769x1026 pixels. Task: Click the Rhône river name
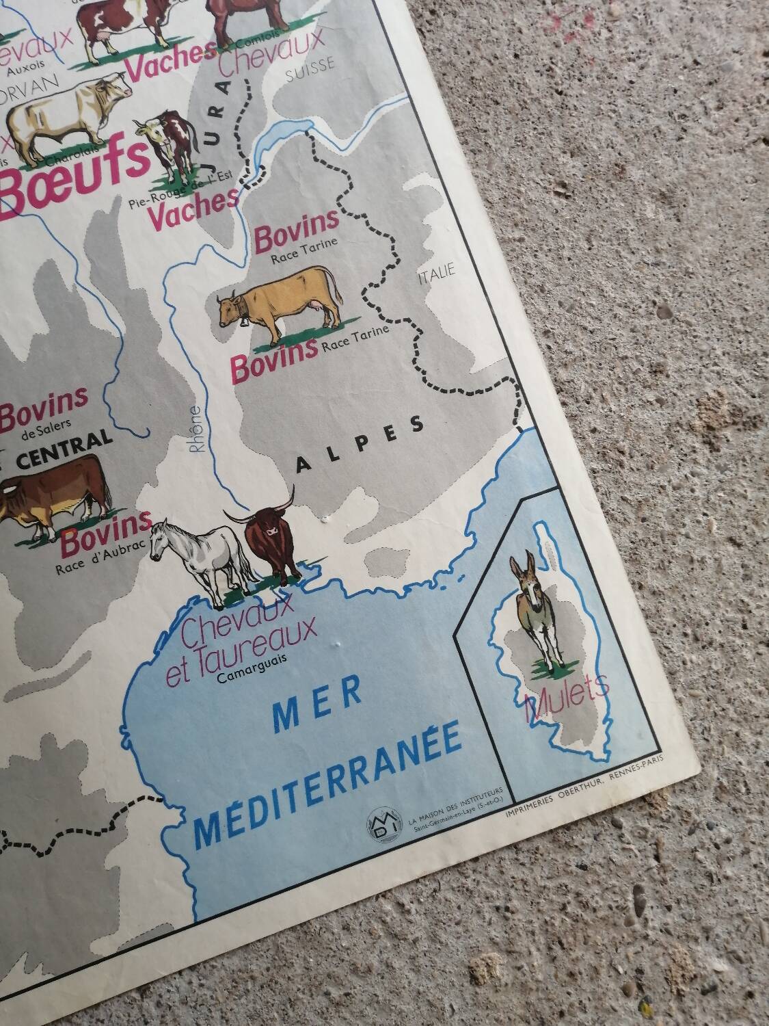(x=195, y=430)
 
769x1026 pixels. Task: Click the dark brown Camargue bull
(x=268, y=540)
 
